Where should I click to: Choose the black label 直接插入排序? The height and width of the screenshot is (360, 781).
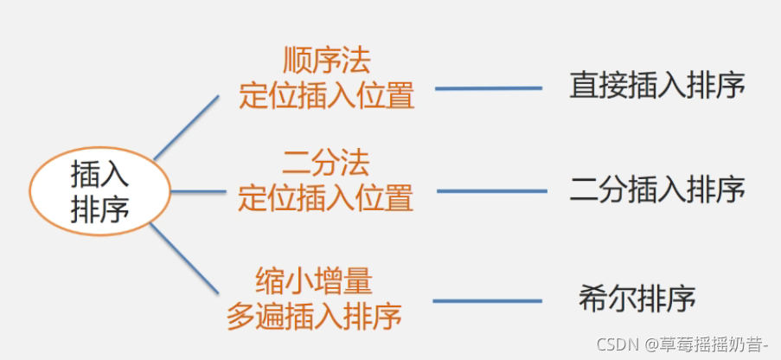coord(657,87)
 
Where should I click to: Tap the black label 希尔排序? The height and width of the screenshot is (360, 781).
coord(637,299)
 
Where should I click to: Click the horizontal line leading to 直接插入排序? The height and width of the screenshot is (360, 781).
coord(488,88)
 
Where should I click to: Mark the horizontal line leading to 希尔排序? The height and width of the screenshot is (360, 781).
coord(487,301)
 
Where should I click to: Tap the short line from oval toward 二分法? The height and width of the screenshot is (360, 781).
coord(197,191)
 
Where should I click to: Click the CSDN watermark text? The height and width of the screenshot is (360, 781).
coord(617,344)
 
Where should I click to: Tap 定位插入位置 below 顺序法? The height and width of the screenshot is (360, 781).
coord(327,95)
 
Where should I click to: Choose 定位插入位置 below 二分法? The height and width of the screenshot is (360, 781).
coord(325,198)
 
